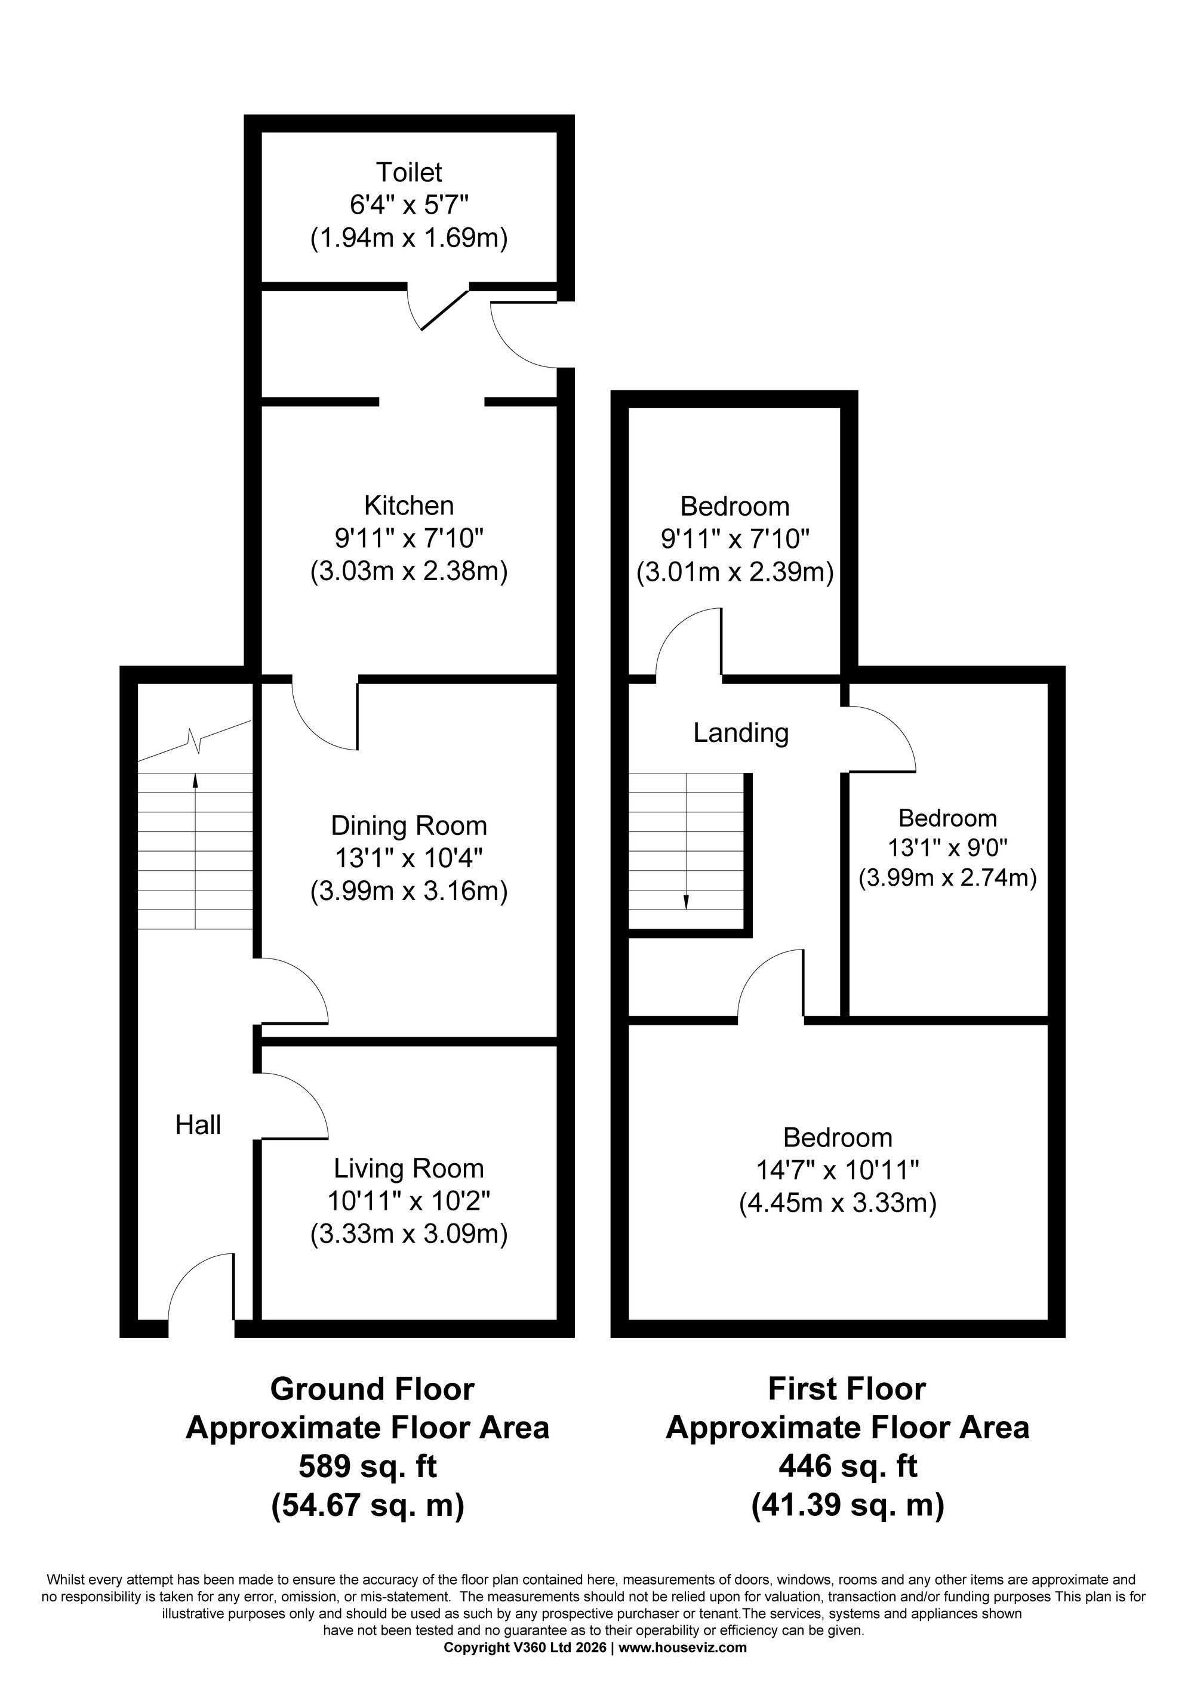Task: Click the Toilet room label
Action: (409, 172)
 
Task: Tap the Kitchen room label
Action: (409, 506)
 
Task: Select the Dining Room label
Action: (409, 825)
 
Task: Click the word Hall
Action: (198, 1125)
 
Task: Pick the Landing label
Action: (741, 733)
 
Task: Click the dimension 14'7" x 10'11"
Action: (838, 1170)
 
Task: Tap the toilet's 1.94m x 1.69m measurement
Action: (409, 238)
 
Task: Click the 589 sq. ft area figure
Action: (367, 1467)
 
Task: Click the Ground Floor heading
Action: (373, 1389)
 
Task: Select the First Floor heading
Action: (848, 1389)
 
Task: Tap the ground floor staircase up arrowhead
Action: (196, 778)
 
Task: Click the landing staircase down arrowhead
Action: (687, 904)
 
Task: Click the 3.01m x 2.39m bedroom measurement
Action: (735, 572)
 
